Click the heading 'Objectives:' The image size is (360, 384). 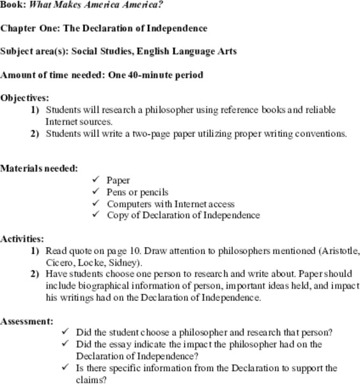(x=24, y=98)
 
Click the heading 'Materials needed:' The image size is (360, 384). (x=39, y=168)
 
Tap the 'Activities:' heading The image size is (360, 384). (x=22, y=239)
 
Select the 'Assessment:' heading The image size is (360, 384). (x=27, y=321)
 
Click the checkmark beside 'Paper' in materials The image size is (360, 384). (x=96, y=180)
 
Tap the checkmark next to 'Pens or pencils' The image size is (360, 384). (x=96, y=191)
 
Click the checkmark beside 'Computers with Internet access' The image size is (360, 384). (x=96, y=203)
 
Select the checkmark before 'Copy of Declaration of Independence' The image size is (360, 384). (x=96, y=214)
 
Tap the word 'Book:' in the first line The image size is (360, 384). (x=13, y=4)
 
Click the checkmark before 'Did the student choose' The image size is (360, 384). (x=65, y=332)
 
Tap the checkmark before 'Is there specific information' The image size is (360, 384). (x=65, y=367)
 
